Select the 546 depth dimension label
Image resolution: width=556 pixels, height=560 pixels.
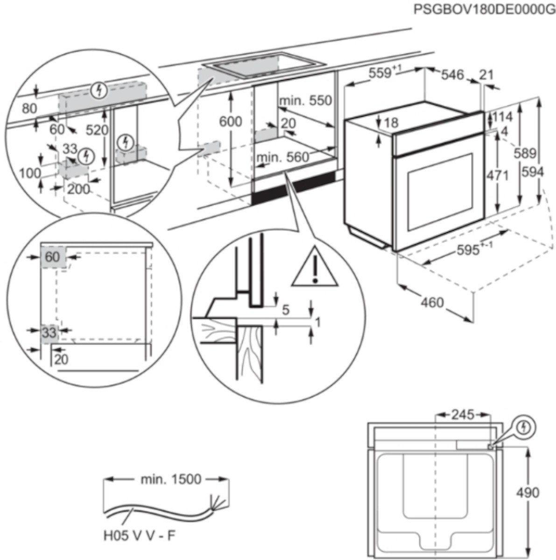[452, 75]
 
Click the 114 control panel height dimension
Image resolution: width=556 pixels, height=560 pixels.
[501, 117]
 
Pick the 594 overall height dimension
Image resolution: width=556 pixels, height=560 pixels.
[533, 172]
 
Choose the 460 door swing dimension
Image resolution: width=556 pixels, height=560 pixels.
[432, 303]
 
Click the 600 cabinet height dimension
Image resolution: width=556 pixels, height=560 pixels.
[231, 122]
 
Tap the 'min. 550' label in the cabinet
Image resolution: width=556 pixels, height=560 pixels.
[305, 100]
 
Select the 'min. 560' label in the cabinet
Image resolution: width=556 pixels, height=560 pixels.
[282, 158]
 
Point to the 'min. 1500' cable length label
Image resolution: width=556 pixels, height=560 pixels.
[170, 479]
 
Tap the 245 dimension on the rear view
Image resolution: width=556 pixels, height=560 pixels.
[463, 414]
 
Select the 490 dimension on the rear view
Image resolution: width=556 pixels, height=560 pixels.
[528, 492]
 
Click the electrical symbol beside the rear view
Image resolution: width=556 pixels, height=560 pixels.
[525, 427]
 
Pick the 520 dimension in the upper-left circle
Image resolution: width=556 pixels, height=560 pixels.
[99, 130]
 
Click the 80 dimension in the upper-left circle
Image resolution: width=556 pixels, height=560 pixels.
[29, 109]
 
